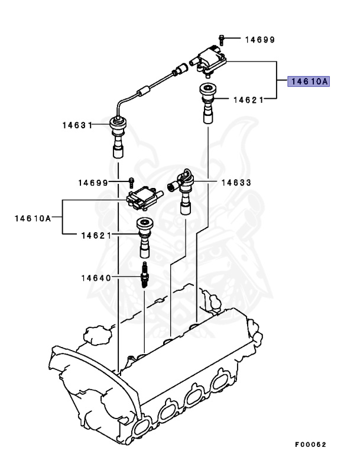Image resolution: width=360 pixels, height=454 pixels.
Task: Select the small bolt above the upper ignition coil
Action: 220,40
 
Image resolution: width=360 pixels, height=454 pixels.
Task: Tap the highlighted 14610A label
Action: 308,82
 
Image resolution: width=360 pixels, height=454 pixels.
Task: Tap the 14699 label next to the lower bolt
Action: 93,183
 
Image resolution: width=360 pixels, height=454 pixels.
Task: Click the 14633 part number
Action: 236,183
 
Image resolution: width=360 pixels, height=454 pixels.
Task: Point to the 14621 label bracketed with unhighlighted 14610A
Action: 97,235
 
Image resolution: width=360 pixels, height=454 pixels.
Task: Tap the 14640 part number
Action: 98,277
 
